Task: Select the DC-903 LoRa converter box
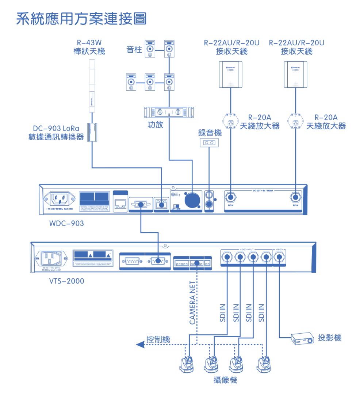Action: click(93, 132)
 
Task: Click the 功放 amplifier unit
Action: click(169, 113)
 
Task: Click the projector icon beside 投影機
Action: click(302, 339)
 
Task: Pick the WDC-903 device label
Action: click(66, 223)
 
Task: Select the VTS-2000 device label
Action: click(66, 281)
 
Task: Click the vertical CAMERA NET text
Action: click(192, 302)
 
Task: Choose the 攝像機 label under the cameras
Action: click(225, 380)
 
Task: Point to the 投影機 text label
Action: click(329, 338)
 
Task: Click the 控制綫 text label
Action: click(158, 339)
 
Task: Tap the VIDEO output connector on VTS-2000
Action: click(279, 257)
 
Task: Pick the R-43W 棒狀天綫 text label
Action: click(89, 47)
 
